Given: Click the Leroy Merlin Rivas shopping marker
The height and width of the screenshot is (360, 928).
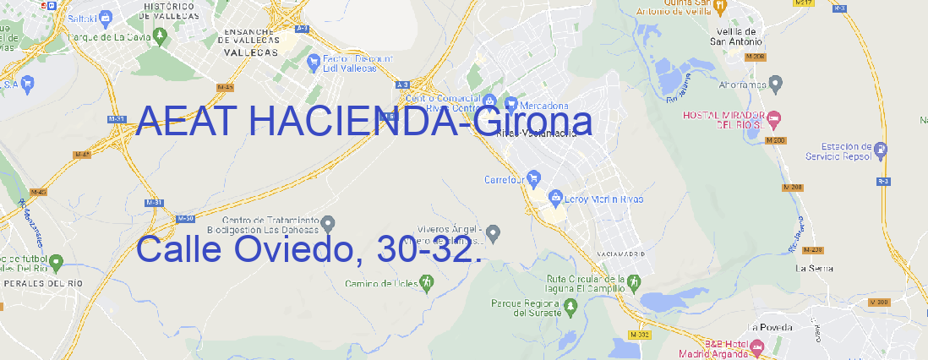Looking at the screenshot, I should (x=555, y=198).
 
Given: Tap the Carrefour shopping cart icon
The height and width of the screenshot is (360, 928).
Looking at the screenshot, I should (x=535, y=178).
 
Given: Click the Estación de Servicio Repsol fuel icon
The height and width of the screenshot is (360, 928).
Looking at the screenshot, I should (x=882, y=150).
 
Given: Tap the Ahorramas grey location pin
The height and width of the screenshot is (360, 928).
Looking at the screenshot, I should (x=778, y=83).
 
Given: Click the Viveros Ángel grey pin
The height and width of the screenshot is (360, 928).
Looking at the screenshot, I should (x=494, y=232).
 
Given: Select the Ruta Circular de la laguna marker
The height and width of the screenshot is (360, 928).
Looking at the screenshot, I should (x=632, y=282).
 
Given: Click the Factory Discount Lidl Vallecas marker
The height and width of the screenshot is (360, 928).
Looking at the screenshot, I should (x=314, y=61).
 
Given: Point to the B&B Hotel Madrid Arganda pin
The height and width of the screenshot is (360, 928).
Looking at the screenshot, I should (x=758, y=346).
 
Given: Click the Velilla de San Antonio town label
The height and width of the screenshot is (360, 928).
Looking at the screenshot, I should (x=734, y=35).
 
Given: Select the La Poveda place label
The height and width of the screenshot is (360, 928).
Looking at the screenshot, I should (x=769, y=327).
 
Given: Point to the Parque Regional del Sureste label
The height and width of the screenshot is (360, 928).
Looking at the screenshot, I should (x=526, y=308).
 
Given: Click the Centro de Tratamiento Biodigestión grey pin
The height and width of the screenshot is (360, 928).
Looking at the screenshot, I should (x=329, y=222).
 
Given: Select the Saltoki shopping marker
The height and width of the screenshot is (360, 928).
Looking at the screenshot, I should (x=105, y=17).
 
